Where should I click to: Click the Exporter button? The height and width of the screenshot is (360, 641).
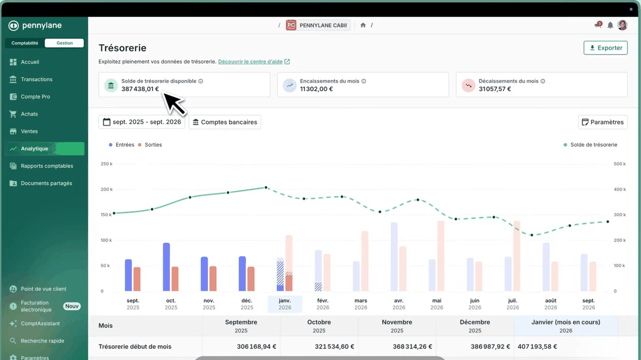[x=605, y=48]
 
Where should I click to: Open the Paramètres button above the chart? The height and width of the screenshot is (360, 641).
[x=602, y=122]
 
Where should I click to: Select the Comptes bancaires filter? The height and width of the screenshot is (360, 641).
[x=225, y=122]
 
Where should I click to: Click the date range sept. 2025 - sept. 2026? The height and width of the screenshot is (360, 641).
[x=142, y=122]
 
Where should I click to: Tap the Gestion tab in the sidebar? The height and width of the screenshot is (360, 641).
[x=65, y=43]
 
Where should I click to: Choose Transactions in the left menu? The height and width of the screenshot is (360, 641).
[x=37, y=79]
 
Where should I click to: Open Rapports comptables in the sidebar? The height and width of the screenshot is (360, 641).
[x=47, y=166]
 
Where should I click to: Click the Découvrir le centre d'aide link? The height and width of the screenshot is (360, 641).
[x=250, y=62]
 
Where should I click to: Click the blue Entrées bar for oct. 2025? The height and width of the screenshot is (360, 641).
[x=166, y=267]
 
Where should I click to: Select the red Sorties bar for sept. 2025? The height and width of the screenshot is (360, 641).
[x=137, y=279]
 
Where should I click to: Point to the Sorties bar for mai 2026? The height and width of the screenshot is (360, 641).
[x=441, y=256]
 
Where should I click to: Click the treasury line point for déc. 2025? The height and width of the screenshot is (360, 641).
[x=266, y=188]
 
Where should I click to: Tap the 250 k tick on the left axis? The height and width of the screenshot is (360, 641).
[x=107, y=164]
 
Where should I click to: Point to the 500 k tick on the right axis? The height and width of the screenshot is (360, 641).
[x=619, y=164]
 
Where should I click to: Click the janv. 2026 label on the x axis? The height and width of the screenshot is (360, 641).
[x=285, y=304]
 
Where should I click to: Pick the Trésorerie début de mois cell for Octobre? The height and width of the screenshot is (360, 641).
[x=335, y=346]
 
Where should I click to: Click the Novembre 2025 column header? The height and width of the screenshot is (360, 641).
[x=397, y=326]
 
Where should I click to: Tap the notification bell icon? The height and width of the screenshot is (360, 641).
[x=610, y=26]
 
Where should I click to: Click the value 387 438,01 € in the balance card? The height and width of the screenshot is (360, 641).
[x=140, y=89]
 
